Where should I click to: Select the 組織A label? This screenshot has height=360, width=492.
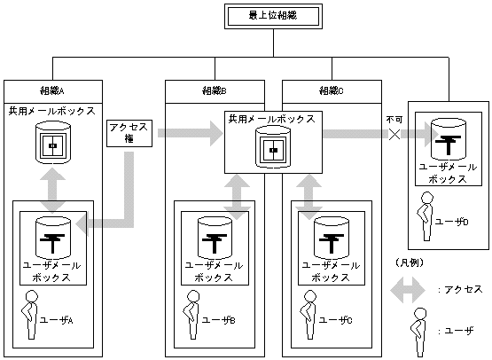tap(52, 90)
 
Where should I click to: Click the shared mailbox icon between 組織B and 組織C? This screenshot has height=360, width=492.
tap(271, 146)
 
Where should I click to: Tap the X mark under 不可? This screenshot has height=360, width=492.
tap(394, 134)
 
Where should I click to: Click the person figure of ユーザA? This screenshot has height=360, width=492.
tap(32, 314)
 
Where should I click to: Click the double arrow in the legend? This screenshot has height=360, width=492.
tap(409, 290)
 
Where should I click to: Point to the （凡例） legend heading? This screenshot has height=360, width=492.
tap(408, 263)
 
